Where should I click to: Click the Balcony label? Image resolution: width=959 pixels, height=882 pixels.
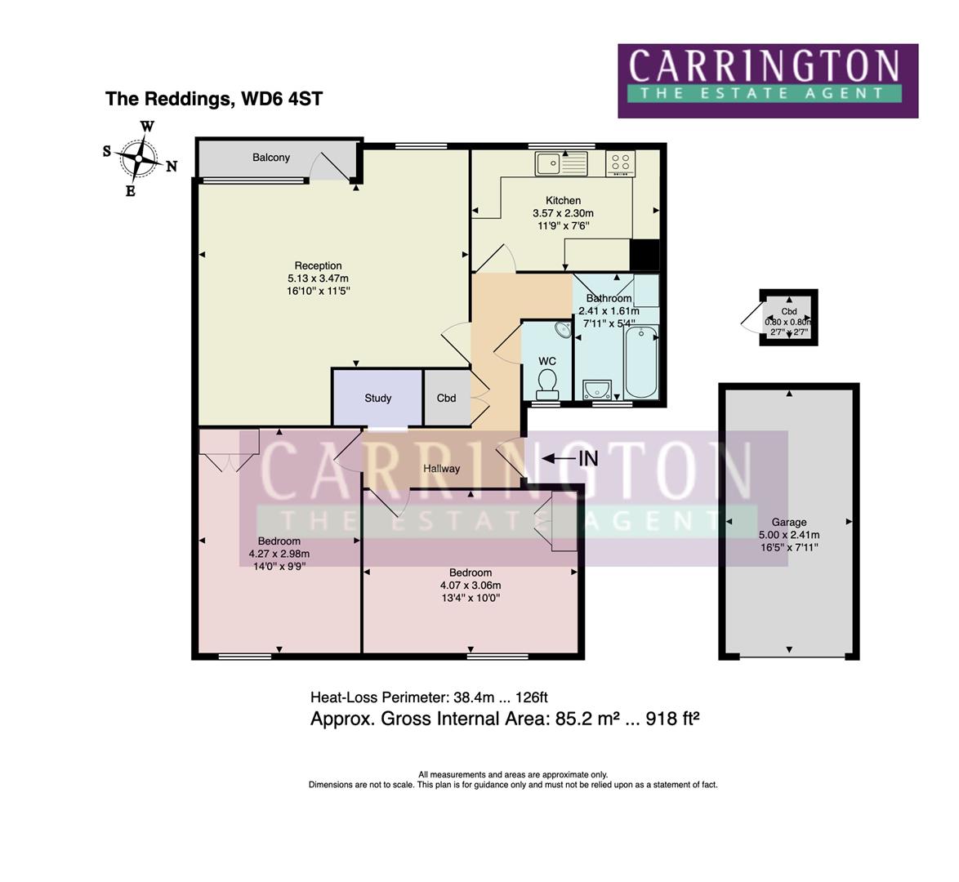tap(271, 158)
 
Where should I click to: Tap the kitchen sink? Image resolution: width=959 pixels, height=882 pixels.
tap(561, 163)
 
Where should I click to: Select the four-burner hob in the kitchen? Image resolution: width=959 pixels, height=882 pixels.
tap(621, 163)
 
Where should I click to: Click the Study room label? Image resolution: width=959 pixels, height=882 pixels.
tap(378, 399)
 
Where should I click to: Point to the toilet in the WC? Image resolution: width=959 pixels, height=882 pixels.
tap(546, 384)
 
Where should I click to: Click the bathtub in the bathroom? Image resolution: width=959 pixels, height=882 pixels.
tap(641, 362)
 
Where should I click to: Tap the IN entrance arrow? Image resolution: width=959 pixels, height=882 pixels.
tap(559, 458)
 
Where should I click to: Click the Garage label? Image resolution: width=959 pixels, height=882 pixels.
tap(789, 523)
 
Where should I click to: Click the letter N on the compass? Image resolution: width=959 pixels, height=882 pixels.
tap(172, 167)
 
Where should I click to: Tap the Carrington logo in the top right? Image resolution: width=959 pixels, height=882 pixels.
tap(768, 81)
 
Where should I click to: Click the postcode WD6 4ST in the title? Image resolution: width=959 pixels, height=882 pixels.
tap(282, 99)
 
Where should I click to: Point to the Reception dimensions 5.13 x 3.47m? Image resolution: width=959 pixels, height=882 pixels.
tap(318, 278)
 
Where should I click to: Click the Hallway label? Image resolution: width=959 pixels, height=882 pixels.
tap(442, 469)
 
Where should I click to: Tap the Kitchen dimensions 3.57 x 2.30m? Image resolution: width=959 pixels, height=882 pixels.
tap(564, 213)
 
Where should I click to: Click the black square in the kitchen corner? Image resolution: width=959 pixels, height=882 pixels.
tap(645, 255)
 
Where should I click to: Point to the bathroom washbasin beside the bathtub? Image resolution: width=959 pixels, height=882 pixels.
tap(597, 390)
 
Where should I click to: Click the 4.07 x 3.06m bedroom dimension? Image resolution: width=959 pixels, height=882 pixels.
tap(471, 586)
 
